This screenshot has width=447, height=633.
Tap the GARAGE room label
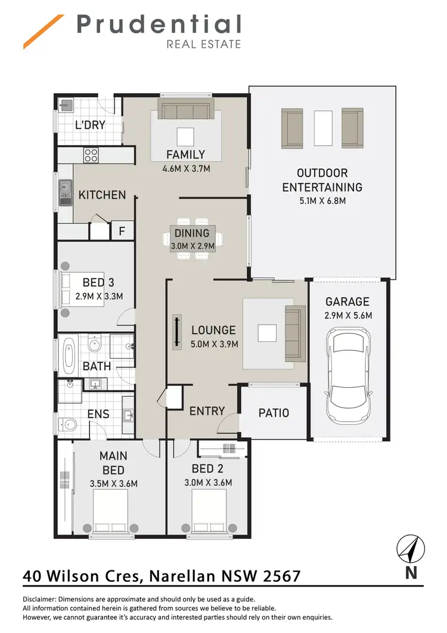click(347, 302)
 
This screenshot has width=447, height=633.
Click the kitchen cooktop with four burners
click(91, 155)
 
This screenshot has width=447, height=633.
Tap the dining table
click(193, 238)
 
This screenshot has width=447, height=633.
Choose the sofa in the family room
click(185, 110)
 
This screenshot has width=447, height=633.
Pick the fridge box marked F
click(122, 230)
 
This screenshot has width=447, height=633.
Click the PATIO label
click(274, 413)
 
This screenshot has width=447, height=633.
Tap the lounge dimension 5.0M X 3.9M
click(215, 344)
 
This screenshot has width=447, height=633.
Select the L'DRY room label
click(90, 125)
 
